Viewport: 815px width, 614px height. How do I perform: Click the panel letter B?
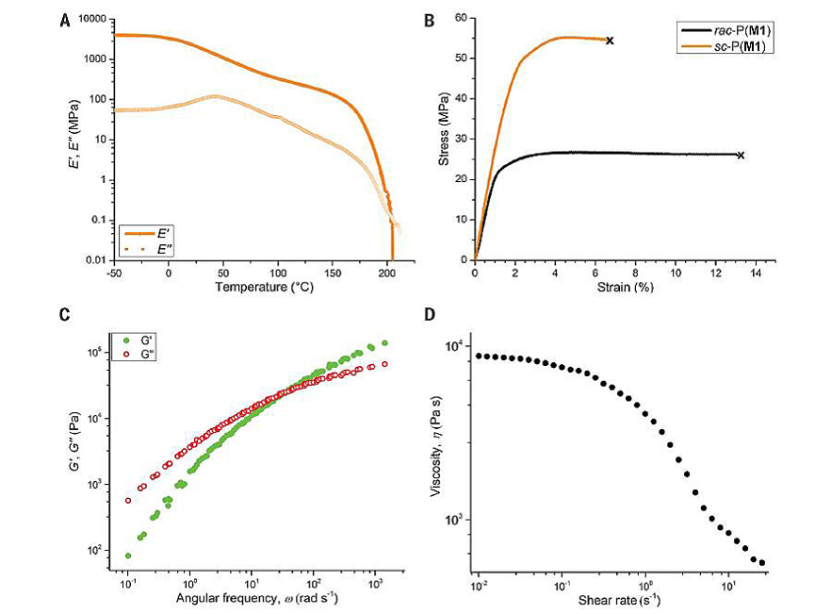(430, 17)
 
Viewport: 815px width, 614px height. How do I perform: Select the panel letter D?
(429, 315)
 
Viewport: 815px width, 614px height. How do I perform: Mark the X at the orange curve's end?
(610, 41)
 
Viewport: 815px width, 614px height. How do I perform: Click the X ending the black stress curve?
(741, 155)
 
